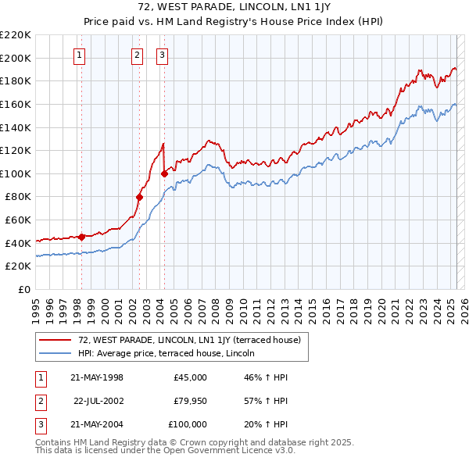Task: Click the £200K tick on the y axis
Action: (x=16, y=58)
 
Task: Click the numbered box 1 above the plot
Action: (x=81, y=55)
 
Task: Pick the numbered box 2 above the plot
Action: (x=137, y=55)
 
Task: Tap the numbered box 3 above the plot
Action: (x=162, y=55)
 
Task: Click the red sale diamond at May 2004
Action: (x=164, y=173)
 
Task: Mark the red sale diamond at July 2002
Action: (x=139, y=197)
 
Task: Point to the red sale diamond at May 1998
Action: (x=81, y=237)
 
